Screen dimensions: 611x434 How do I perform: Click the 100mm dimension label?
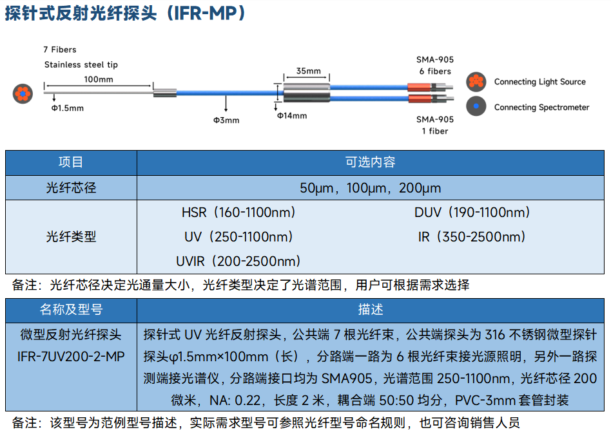point(99,79)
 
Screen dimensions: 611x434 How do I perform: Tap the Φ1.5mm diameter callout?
point(68,108)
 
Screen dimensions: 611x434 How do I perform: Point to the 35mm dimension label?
point(308,71)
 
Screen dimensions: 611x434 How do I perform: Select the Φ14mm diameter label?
point(292,116)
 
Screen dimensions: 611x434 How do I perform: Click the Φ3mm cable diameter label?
point(226,120)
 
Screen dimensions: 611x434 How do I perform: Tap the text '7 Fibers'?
point(60,50)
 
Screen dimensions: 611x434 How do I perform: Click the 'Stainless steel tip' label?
point(81,64)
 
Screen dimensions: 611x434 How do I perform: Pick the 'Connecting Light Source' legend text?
point(539,82)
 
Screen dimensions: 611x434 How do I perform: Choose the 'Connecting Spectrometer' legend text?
point(541,108)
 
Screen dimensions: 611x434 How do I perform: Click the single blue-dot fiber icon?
point(476,106)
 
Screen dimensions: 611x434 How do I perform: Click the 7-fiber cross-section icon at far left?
point(23,94)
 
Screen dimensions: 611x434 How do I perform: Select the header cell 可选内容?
point(370,162)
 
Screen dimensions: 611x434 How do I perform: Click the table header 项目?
point(71,162)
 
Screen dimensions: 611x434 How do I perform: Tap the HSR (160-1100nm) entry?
point(238,212)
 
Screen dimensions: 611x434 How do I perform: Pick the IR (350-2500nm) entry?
point(472,237)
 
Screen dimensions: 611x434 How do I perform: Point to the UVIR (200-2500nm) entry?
point(238,261)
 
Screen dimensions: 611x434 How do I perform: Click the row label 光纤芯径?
point(71,188)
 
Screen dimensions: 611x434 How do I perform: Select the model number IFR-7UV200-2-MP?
point(71,357)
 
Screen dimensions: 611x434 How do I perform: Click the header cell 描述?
point(370,310)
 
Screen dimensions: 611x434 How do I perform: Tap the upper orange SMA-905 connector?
point(420,87)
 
